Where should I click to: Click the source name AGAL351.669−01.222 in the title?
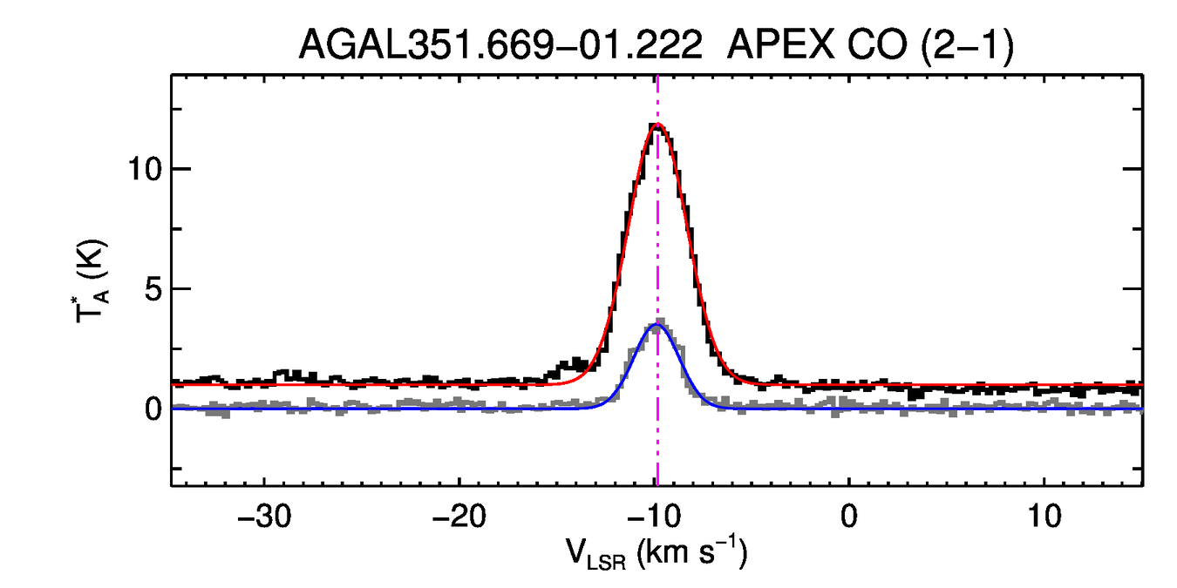pos(500,44)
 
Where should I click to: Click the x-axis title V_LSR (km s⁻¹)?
pos(656,555)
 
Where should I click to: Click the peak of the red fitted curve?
pos(657,125)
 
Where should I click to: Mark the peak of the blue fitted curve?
pos(656,325)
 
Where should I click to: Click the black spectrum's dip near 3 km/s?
pos(914,394)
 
